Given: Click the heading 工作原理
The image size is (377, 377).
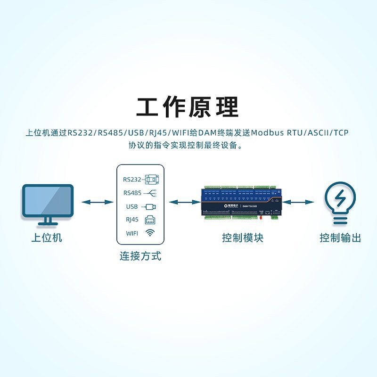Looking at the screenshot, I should pos(188,107).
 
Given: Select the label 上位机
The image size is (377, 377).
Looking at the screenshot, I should pos(47,238).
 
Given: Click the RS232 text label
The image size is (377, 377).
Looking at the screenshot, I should pos(132,180).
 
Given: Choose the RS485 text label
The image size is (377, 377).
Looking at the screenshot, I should pos(132,193).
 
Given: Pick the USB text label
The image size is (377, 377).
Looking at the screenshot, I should pos(131,206).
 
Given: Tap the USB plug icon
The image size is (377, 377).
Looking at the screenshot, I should pos(150,206).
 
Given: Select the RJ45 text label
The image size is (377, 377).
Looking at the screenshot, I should pos(132,219).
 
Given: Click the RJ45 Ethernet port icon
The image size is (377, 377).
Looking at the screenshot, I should pos(150,219).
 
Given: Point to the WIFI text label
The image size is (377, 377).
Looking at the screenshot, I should pos(132,233).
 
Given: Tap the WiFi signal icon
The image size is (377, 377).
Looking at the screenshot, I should pos(150,232).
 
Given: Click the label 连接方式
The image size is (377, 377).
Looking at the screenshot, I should pos(140,256).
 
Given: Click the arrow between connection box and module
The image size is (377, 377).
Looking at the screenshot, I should pos(183,202).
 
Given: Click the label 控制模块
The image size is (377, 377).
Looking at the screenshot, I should pos(242,238).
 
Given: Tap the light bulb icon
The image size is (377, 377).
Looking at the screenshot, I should pos(339,202).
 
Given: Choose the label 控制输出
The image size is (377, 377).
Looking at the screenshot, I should pos(340,238).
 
